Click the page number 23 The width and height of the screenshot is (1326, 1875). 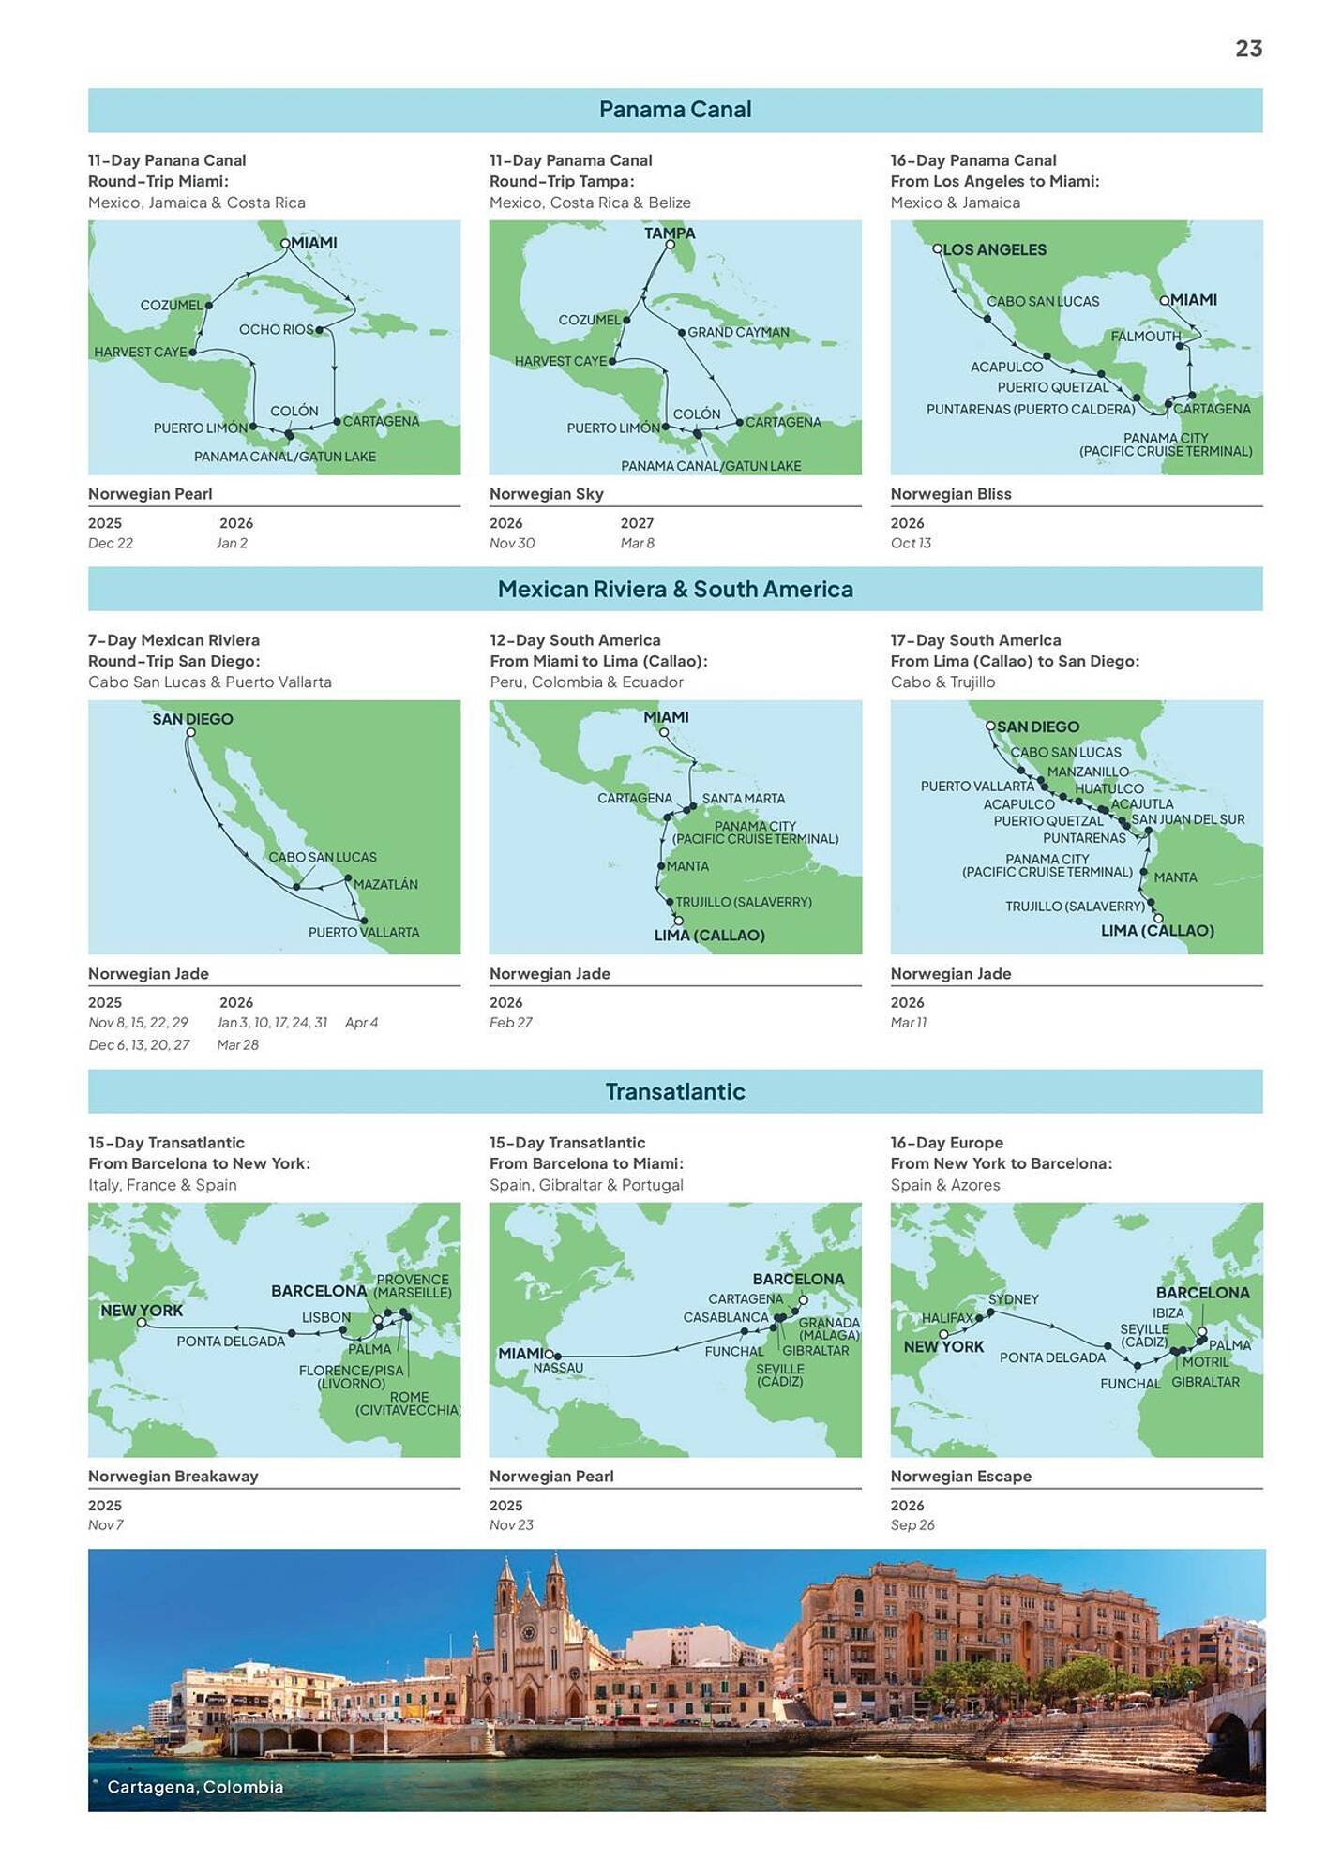click(x=1248, y=49)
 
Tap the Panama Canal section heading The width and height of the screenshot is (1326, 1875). click(x=675, y=110)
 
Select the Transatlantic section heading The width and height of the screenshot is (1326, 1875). click(x=675, y=1091)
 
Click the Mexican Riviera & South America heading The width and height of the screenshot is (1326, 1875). click(x=675, y=589)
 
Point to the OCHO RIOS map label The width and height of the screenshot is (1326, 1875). click(x=276, y=329)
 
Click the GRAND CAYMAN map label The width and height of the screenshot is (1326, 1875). click(x=738, y=332)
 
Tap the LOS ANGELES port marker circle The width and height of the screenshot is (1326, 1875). click(x=937, y=248)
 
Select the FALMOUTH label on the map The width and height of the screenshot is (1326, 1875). click(x=1145, y=336)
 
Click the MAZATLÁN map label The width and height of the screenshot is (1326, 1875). click(x=385, y=884)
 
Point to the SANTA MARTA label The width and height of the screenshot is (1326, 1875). click(x=744, y=798)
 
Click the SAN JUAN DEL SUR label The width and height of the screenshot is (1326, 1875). click(x=1188, y=818)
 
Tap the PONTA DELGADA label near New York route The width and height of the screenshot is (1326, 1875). click(x=231, y=1341)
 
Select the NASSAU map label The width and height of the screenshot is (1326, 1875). click(x=558, y=1368)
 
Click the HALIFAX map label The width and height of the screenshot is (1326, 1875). click(x=948, y=1317)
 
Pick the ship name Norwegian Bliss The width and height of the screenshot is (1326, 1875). click(x=951, y=494)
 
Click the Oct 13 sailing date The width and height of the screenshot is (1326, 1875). click(x=911, y=543)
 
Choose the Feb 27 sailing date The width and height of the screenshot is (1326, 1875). click(x=510, y=1023)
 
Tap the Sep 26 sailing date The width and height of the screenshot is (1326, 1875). click(x=912, y=1525)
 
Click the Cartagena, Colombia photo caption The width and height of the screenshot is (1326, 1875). click(x=195, y=1787)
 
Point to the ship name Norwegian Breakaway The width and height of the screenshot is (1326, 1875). click(x=173, y=1477)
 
